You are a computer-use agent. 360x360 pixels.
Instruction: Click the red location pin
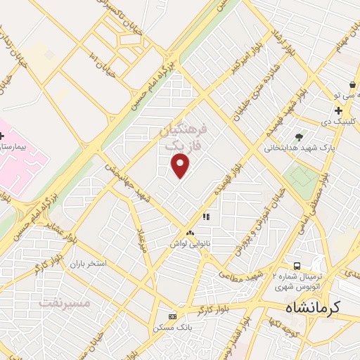tap(181, 166)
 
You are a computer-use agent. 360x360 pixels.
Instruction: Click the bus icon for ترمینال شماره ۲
tap(298, 266)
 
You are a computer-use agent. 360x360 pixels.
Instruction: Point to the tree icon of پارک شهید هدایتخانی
tap(300, 137)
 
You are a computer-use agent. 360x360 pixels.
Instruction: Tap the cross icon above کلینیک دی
tap(339, 111)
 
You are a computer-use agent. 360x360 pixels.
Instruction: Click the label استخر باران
tap(87, 264)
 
